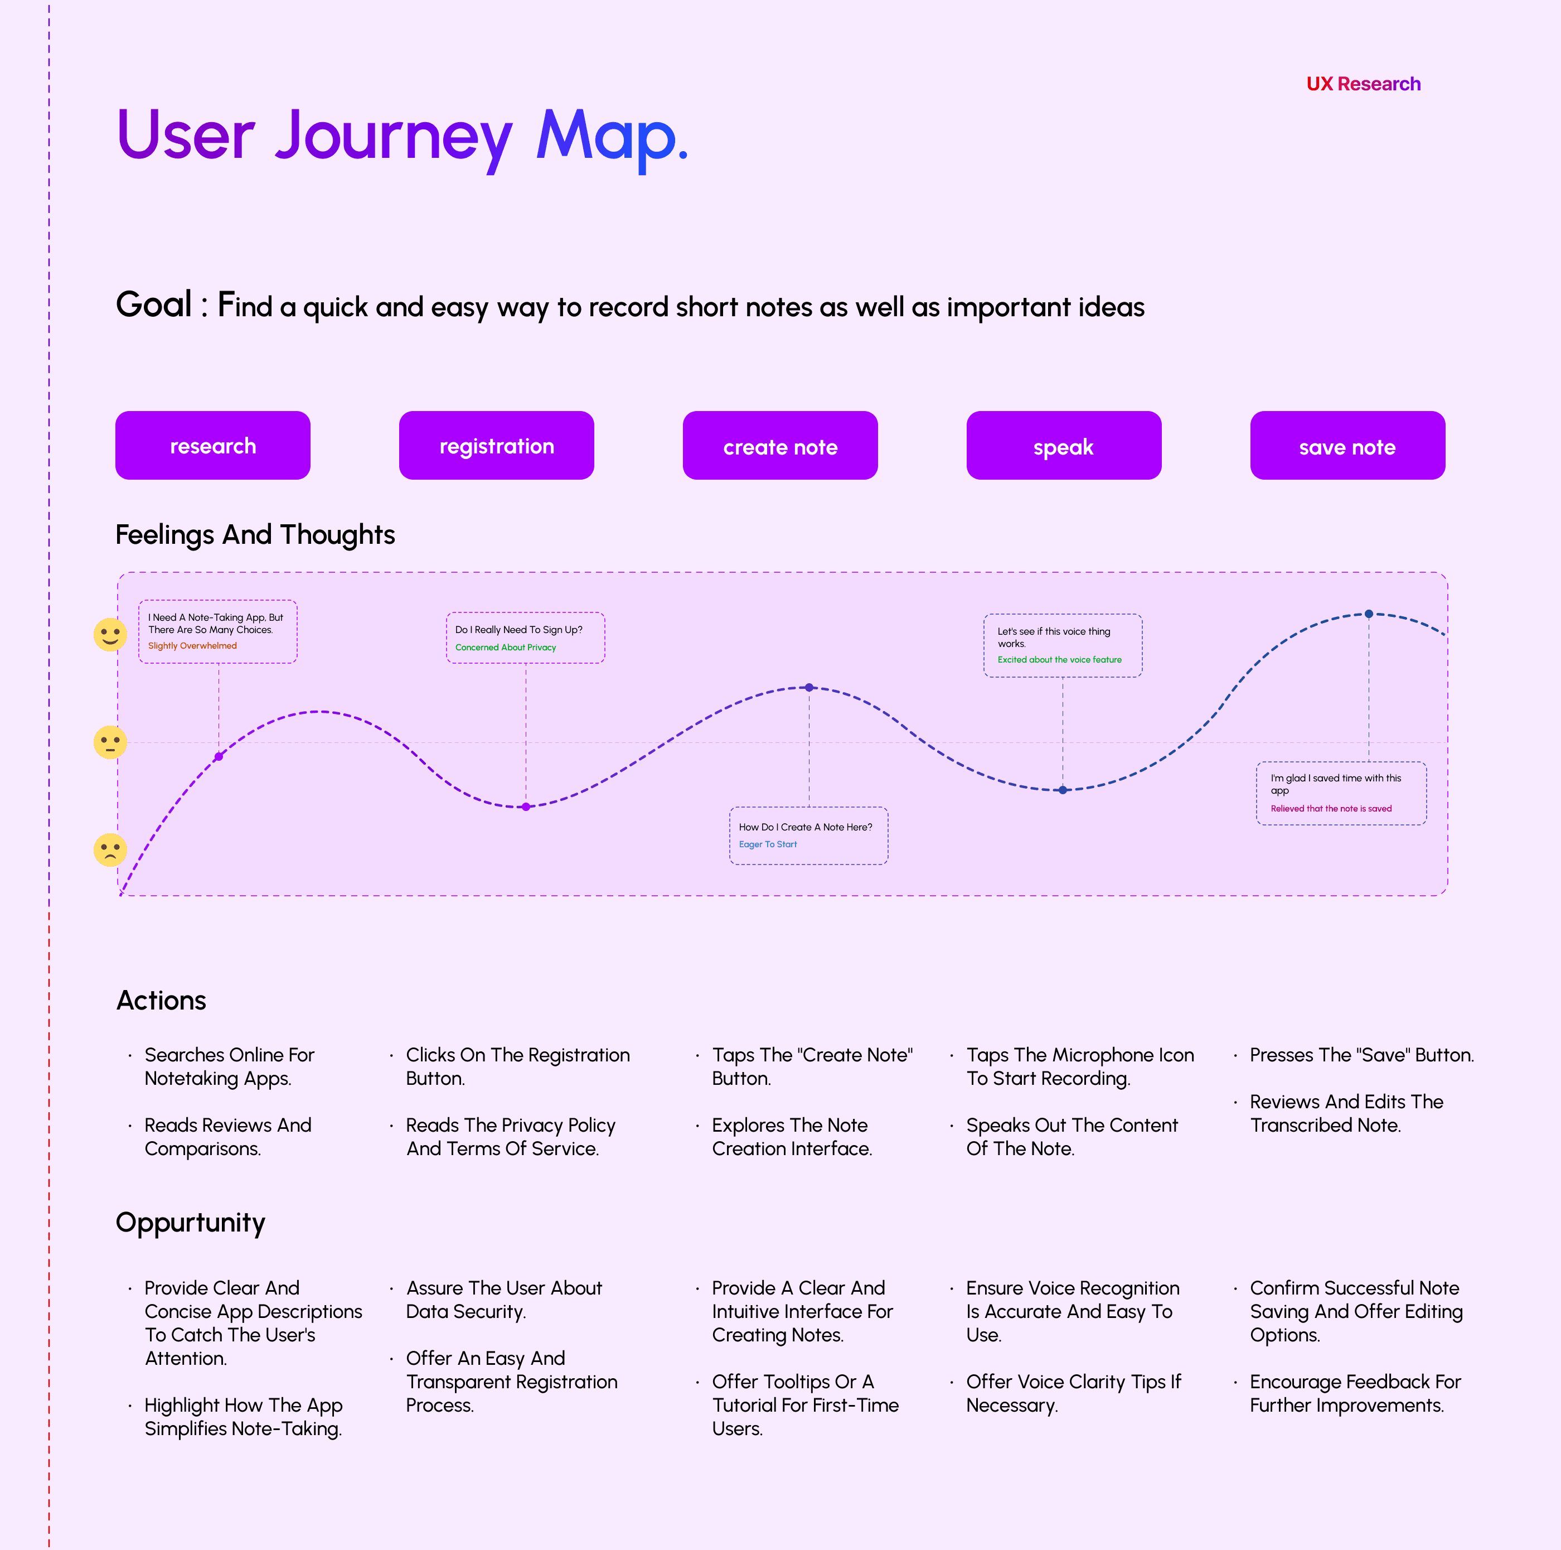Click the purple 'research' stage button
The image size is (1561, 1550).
212,445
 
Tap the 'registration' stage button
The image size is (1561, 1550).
496,445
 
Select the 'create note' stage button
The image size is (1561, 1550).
780,445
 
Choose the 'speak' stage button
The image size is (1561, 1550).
1063,445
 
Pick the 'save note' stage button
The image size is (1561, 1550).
1347,445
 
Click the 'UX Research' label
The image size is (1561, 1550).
1363,84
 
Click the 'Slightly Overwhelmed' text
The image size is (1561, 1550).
192,646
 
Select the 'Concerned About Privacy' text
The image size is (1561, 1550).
506,648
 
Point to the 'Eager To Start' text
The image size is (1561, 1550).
768,844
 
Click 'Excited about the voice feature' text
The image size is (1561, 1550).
1059,659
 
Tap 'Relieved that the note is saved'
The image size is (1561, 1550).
1331,808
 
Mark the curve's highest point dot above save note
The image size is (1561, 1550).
1369,614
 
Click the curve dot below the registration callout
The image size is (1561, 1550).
526,807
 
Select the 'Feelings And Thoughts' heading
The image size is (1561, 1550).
255,535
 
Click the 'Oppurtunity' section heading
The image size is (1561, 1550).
191,1223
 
